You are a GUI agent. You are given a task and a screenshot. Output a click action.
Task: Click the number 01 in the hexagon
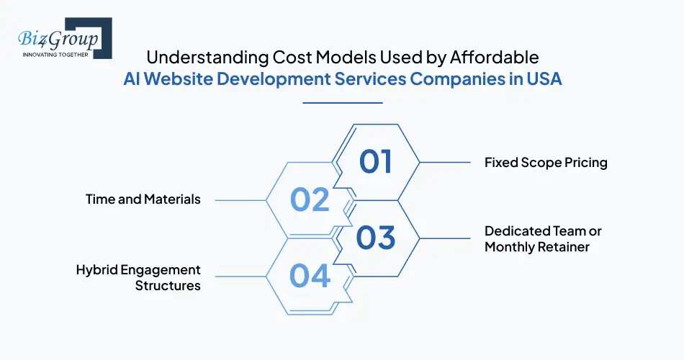(375, 161)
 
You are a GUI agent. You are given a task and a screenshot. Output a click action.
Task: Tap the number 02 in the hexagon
(310, 199)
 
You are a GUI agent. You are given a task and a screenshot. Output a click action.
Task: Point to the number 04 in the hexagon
(310, 276)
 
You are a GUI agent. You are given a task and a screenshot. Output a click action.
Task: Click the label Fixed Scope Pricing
(546, 162)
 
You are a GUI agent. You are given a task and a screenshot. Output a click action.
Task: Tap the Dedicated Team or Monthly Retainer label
(543, 239)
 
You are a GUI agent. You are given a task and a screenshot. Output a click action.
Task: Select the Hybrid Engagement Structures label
(138, 277)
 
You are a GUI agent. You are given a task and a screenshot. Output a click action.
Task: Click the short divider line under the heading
(342, 103)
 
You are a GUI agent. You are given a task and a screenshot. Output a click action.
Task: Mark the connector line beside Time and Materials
(241, 199)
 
